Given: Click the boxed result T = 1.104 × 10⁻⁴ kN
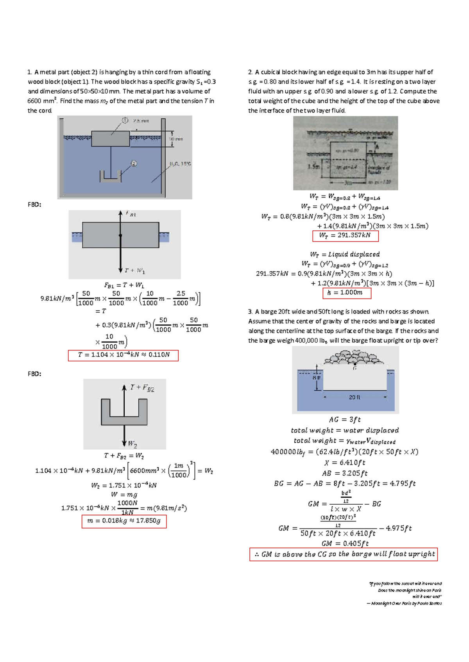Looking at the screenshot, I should click(x=123, y=355).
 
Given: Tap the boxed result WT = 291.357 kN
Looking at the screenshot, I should click(x=345, y=236).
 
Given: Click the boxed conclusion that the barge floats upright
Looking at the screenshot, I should click(x=344, y=554).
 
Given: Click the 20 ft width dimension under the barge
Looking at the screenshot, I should click(x=354, y=397).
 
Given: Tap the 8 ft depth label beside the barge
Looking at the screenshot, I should click(x=317, y=378).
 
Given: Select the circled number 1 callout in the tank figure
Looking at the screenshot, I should click(x=125, y=120).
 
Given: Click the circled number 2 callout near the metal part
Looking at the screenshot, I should click(x=134, y=164).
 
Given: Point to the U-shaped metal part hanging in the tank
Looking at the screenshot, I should click(x=111, y=176).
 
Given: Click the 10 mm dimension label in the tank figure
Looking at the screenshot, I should click(x=176, y=139).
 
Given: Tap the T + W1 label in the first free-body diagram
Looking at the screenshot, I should click(x=134, y=270).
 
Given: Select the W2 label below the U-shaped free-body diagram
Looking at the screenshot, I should click(x=132, y=444).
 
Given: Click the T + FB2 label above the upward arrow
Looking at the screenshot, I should click(x=142, y=388).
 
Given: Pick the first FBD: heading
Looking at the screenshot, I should click(x=34, y=205).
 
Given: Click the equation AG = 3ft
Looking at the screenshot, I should click(x=345, y=420).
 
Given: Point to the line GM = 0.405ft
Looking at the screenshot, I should click(x=345, y=543).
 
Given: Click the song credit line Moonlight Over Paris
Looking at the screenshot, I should click(x=405, y=603).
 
